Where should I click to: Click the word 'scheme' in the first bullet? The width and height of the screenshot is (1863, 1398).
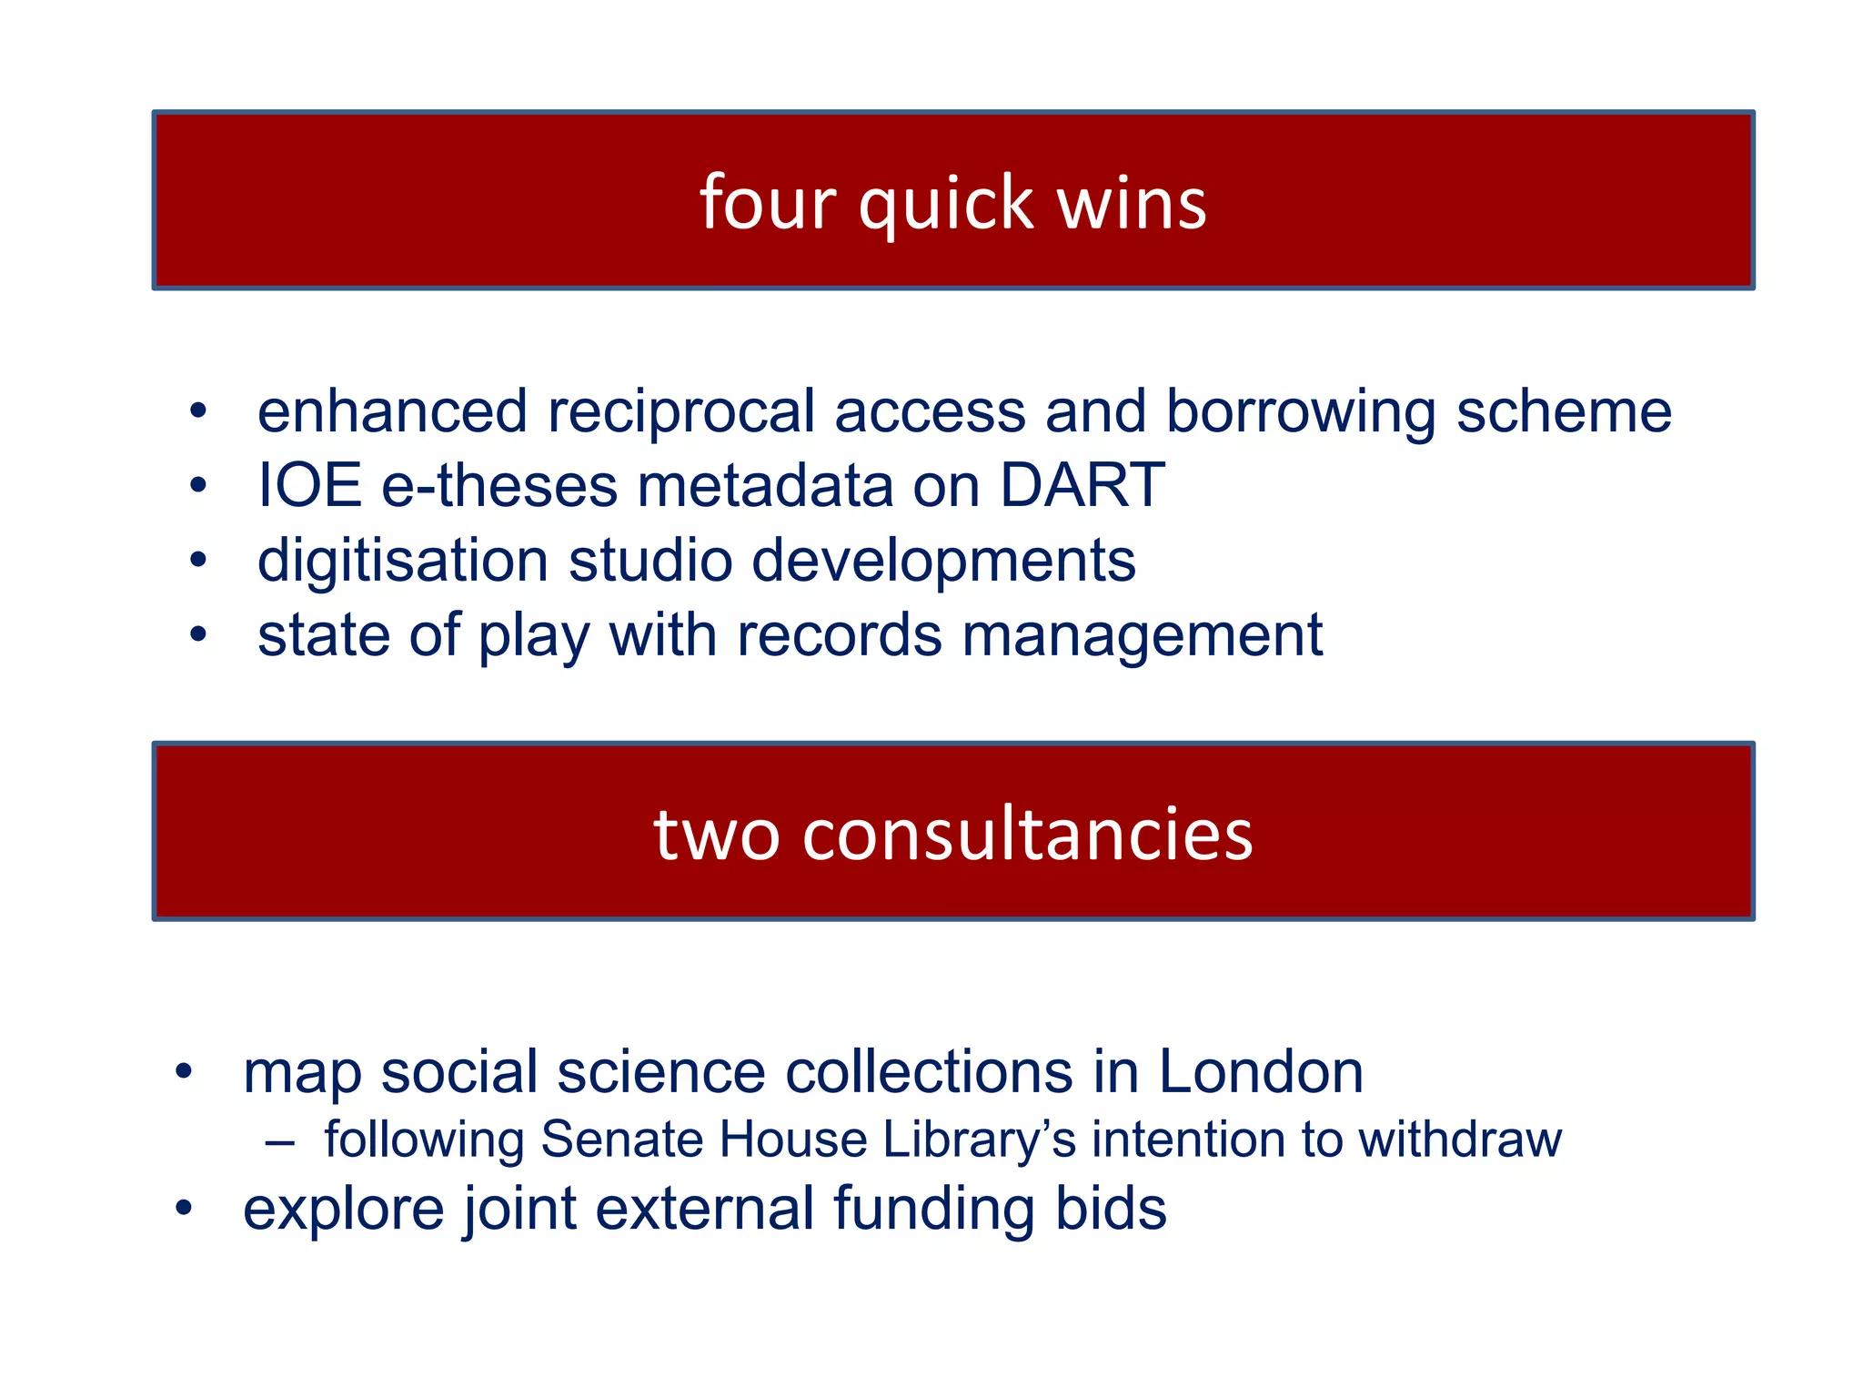pyautogui.click(x=1564, y=411)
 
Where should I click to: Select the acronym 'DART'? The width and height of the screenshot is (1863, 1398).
pyautogui.click(x=1082, y=485)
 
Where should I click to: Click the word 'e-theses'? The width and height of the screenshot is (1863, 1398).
pyautogui.click(x=498, y=485)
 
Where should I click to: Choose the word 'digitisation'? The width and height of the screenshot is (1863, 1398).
pyautogui.click(x=403, y=560)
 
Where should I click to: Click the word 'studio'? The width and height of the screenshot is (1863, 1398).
pyautogui.click(x=650, y=560)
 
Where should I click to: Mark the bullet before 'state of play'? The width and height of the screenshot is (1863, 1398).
pyautogui.click(x=198, y=634)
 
